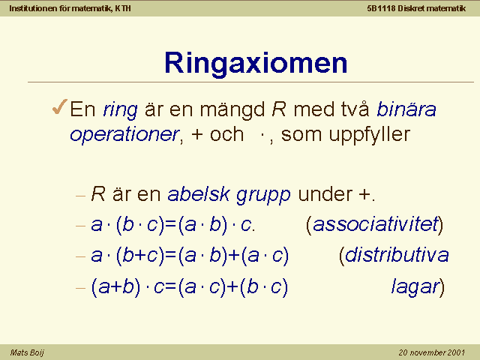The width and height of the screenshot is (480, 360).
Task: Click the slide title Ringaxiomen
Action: point(256,63)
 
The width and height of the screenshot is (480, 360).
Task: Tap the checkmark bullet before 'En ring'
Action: point(60,106)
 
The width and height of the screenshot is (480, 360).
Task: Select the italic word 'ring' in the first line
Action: point(120,109)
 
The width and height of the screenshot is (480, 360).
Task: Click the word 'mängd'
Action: point(232,109)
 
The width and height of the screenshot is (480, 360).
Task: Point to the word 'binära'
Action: point(406,109)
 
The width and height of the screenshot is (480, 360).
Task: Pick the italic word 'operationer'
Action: point(124,135)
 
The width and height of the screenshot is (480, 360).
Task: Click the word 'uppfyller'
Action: point(370,135)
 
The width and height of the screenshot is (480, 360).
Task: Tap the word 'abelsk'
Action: point(199,193)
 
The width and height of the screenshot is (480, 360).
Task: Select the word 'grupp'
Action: point(263,195)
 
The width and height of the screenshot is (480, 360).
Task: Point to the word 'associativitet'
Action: point(376,224)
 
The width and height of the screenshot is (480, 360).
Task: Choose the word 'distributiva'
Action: point(397,255)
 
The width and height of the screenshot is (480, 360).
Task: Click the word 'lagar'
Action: point(415,287)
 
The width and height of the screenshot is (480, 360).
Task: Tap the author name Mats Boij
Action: point(27,352)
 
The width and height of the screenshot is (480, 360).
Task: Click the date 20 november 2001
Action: point(432,352)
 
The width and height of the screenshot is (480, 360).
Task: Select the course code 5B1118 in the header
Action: point(381,8)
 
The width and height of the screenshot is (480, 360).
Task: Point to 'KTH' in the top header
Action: point(123,8)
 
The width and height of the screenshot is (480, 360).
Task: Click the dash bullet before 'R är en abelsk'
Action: point(80,195)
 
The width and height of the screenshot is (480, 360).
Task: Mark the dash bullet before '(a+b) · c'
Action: point(80,288)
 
